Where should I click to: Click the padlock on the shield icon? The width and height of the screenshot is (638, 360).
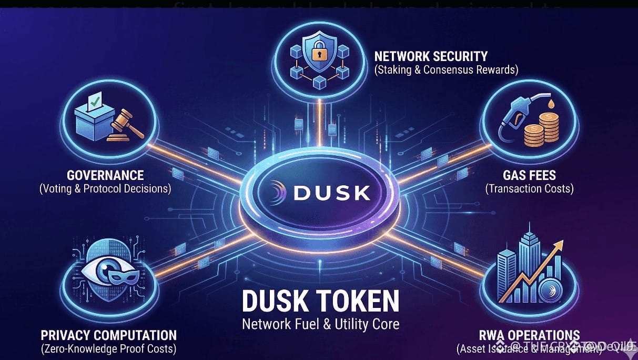[319, 53]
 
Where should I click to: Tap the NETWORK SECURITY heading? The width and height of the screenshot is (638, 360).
[430, 56]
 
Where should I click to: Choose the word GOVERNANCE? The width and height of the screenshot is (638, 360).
[105, 175]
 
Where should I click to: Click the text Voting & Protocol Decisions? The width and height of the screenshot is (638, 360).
[105, 188]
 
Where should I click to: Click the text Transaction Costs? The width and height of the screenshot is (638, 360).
[529, 188]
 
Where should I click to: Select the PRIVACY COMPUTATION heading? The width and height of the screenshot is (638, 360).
[108, 335]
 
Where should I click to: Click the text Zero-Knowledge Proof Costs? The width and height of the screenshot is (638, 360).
[108, 348]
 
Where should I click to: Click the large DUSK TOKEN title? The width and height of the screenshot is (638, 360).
[320, 302]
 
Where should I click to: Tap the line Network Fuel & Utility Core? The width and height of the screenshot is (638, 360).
[320, 323]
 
